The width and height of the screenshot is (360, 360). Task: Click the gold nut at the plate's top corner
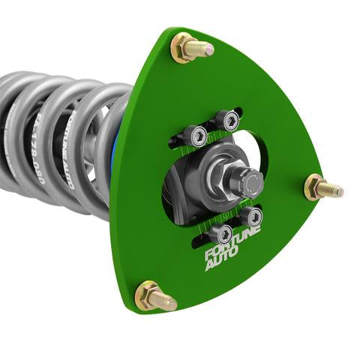[184, 48]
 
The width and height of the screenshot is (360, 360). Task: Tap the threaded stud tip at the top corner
[208, 49]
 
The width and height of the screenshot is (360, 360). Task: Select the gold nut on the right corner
[315, 187]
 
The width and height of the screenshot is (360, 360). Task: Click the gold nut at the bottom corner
[148, 294]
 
